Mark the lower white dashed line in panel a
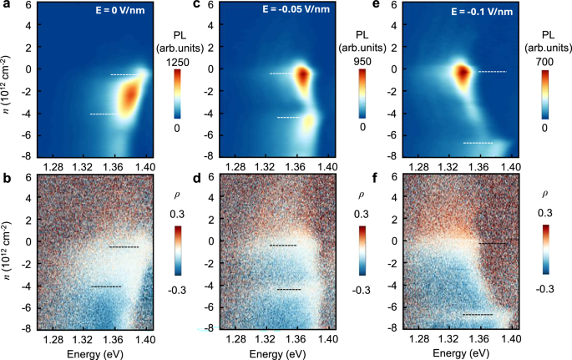(105, 114)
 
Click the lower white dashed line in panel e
(478, 143)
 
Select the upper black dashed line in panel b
(124, 247)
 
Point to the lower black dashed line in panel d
(289, 289)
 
